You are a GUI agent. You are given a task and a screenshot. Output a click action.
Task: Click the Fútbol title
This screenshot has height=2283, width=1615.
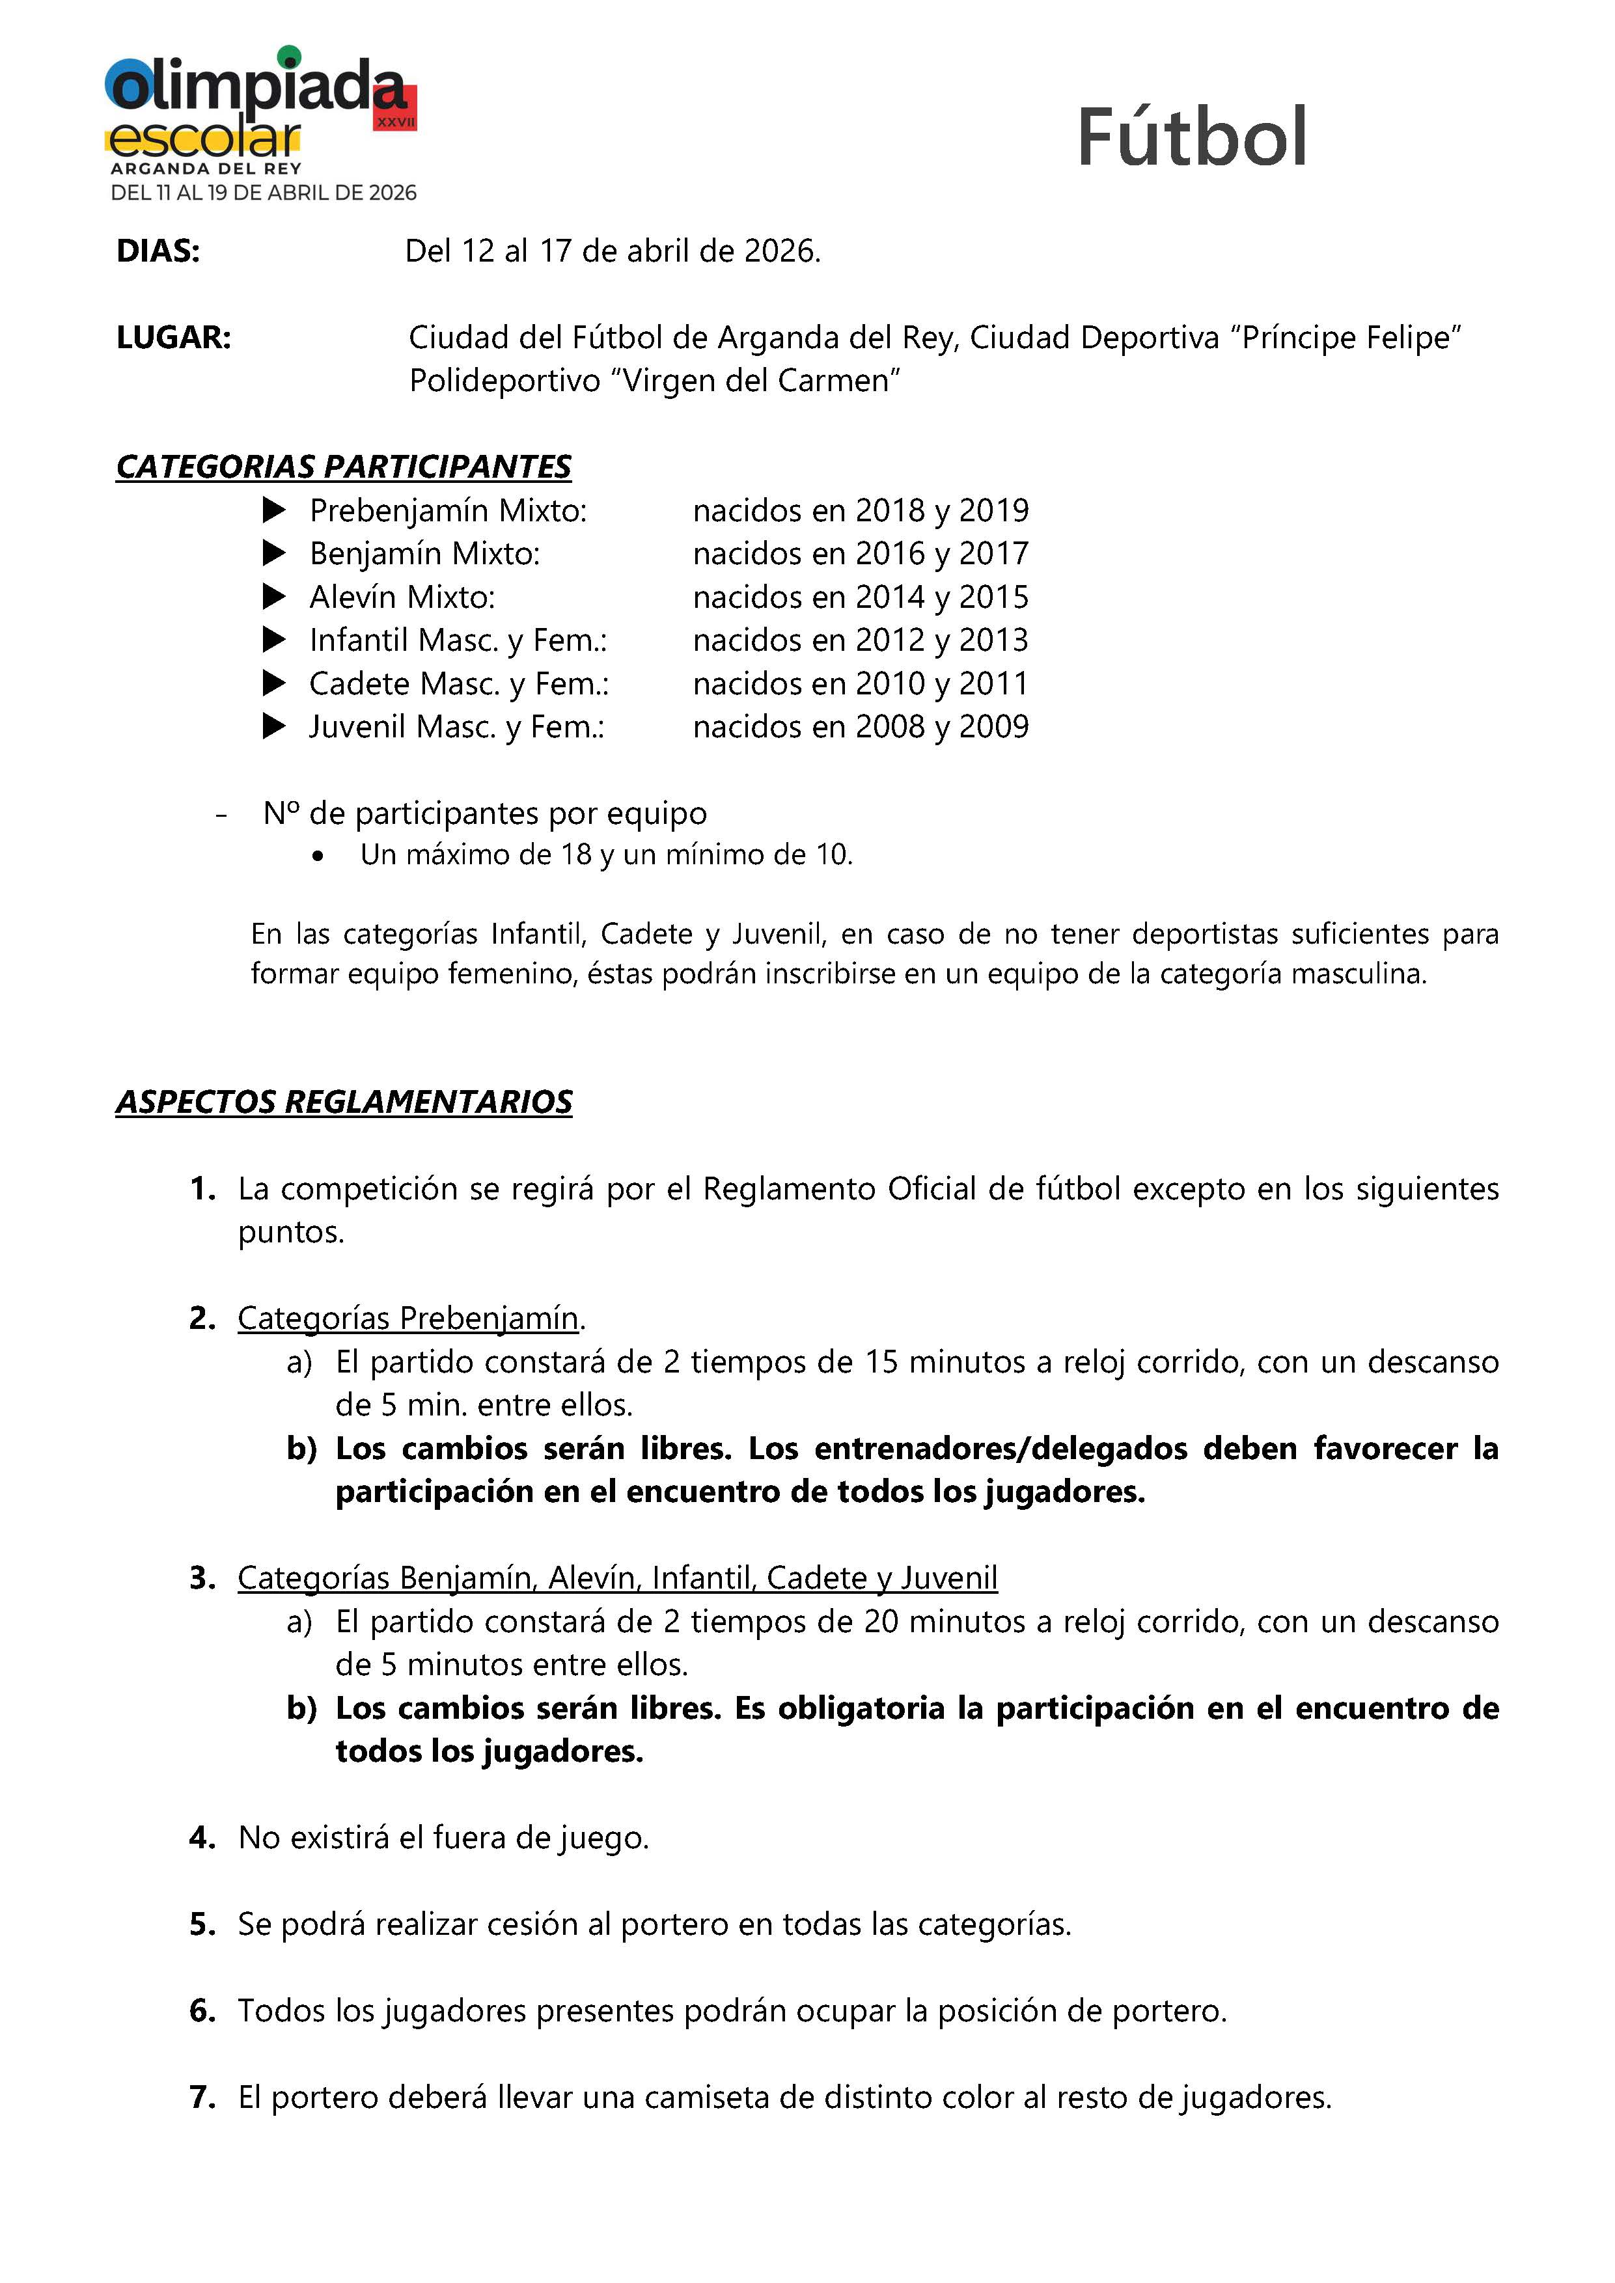(1191, 137)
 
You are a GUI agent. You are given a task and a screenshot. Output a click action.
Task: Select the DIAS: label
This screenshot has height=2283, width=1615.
(158, 252)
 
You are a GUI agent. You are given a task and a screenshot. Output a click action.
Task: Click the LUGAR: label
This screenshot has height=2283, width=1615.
(173, 338)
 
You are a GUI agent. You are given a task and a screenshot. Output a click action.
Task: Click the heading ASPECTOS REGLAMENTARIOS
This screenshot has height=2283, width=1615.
(344, 1102)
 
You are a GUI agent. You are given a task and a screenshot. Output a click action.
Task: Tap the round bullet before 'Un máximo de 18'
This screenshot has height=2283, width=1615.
(317, 856)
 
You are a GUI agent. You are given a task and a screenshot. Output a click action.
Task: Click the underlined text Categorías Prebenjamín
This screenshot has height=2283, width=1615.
(407, 1319)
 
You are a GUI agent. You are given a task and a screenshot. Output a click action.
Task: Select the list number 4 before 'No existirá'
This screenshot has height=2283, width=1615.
(202, 1838)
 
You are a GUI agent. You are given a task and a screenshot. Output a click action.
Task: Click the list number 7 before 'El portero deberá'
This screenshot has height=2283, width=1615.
(202, 2098)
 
